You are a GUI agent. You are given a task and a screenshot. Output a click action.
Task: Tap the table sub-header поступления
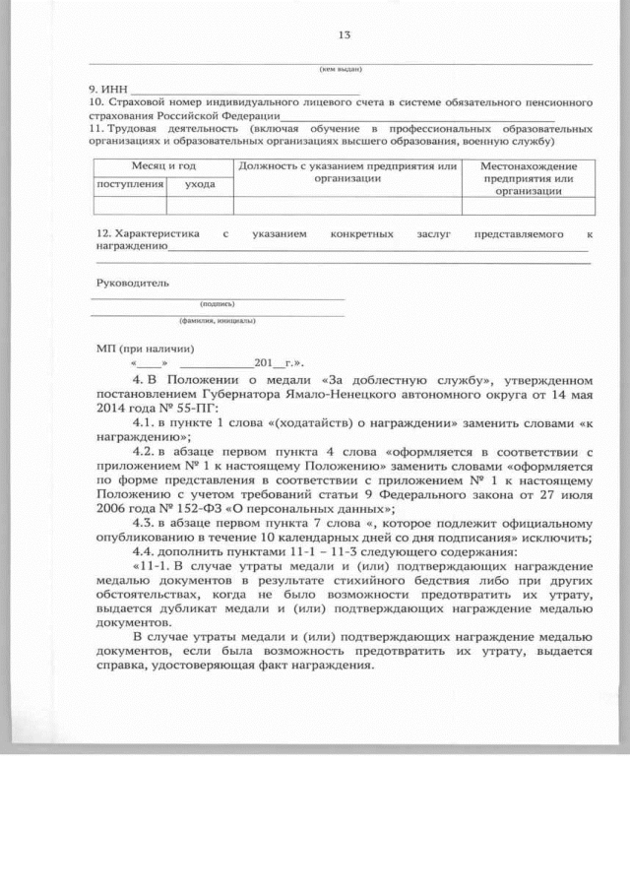(129, 184)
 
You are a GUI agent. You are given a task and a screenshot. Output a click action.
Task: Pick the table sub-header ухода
(199, 184)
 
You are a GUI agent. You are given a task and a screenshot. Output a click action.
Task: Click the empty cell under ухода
(199, 206)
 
